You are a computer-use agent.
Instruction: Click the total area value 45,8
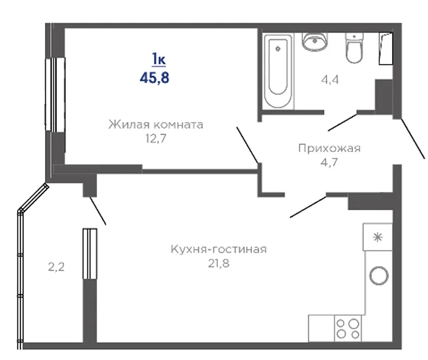[155, 78]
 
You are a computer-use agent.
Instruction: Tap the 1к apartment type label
[159, 59]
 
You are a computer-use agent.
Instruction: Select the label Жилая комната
[156, 124]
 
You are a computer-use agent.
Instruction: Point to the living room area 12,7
[155, 139]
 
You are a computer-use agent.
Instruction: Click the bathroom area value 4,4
[330, 79]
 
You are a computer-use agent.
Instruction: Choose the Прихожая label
[330, 148]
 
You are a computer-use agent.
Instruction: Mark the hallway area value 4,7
[329, 162]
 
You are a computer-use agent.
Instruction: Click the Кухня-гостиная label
[219, 250]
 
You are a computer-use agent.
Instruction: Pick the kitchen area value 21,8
[219, 264]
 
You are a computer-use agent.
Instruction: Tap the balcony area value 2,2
[56, 267]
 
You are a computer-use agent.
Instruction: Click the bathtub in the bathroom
[278, 71]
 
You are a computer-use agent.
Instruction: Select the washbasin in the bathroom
[315, 41]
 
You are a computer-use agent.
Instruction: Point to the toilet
[354, 48]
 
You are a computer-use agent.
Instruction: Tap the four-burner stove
[348, 328]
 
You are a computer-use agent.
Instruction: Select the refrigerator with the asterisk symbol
[378, 237]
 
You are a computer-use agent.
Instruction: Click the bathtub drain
[278, 49]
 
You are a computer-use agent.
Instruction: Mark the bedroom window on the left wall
[55, 94]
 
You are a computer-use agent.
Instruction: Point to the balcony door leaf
[98, 211]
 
